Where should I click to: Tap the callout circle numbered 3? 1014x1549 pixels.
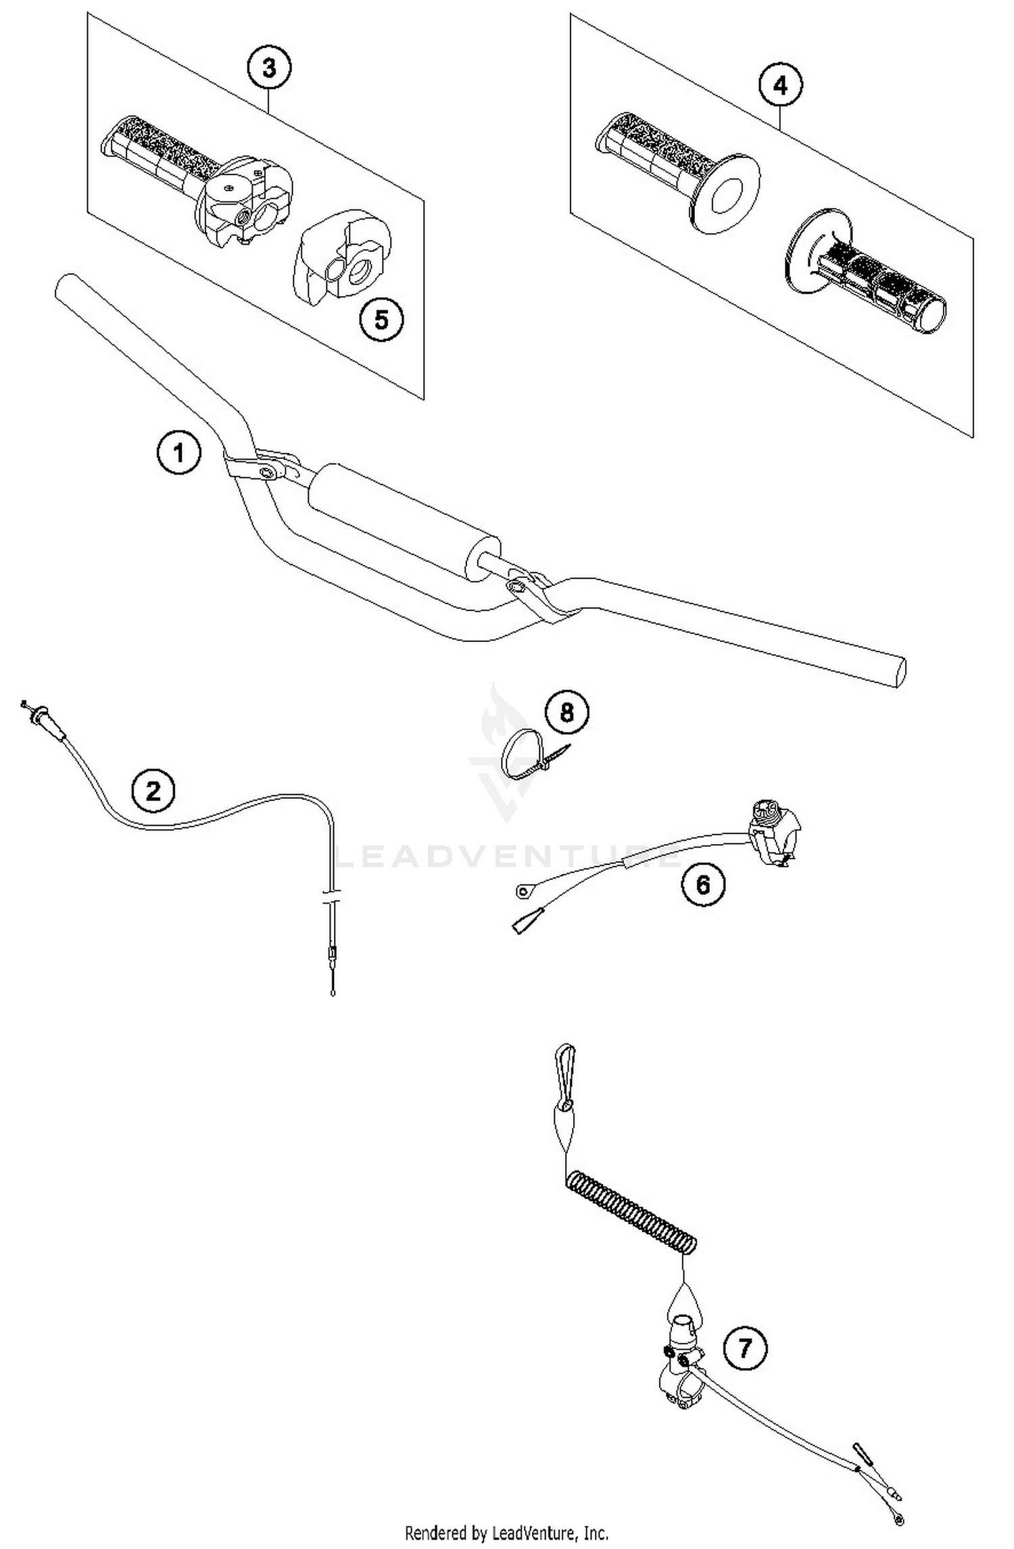click(x=269, y=68)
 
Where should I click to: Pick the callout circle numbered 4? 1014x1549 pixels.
click(x=780, y=86)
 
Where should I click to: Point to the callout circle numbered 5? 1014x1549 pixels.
click(x=381, y=320)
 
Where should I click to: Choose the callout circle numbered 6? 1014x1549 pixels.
click(x=703, y=884)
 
